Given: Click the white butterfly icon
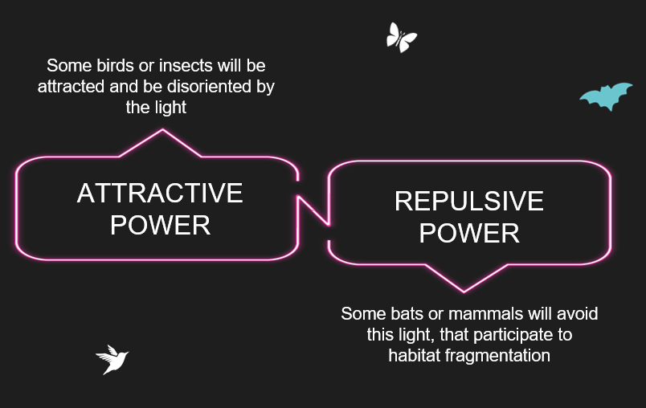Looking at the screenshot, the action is point(401,38).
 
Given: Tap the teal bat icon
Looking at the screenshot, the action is point(606,96).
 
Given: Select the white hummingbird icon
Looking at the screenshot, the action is point(112,360).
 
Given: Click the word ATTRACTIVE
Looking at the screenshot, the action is point(160,193).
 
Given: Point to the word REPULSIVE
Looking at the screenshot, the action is point(469,201).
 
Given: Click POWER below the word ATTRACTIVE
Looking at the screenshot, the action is point(160,225).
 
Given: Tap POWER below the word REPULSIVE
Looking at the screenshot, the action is point(469,233).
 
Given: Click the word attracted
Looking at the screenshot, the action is point(71,87).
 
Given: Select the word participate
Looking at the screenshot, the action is point(515,335).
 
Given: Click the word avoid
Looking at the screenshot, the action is point(577,314).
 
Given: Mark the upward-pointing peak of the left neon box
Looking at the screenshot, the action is point(163,129).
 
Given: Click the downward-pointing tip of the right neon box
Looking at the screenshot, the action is point(464,292).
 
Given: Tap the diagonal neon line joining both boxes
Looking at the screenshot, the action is point(313,210).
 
